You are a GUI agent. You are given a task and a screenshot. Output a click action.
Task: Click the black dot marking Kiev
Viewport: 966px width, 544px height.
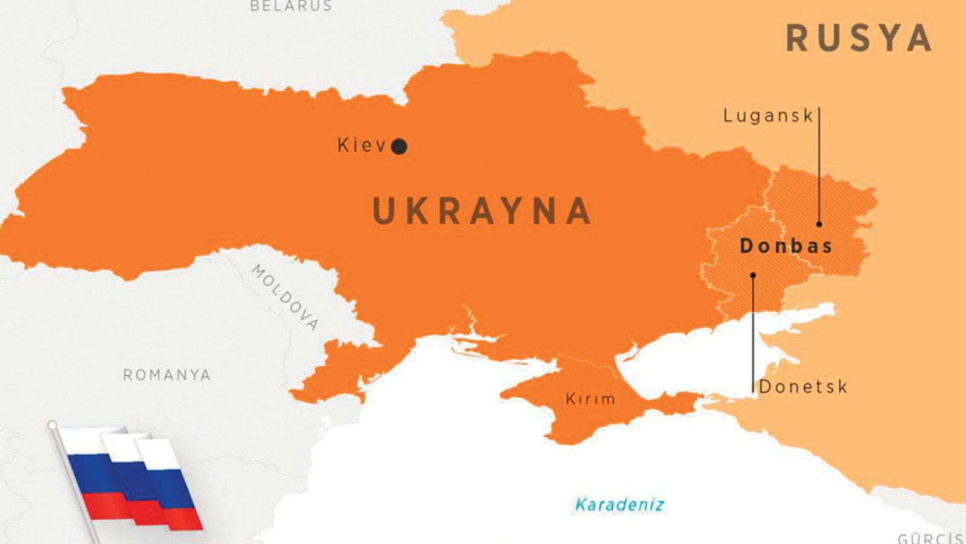pyautogui.click(x=399, y=146)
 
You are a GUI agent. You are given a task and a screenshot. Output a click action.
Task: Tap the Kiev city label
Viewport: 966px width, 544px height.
pyautogui.click(x=361, y=146)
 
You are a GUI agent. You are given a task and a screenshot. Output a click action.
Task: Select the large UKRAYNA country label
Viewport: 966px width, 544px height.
pyautogui.click(x=482, y=211)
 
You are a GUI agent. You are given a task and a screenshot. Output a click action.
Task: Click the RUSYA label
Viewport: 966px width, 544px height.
pyautogui.click(x=859, y=38)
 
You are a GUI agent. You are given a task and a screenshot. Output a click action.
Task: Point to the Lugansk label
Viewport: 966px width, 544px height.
pyautogui.click(x=768, y=115)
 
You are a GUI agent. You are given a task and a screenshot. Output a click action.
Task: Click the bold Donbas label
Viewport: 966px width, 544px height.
pyautogui.click(x=786, y=246)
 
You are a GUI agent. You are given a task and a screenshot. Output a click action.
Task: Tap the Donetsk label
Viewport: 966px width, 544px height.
pyautogui.click(x=803, y=387)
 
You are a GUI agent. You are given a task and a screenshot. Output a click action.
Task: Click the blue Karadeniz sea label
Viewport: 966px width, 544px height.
pyautogui.click(x=619, y=505)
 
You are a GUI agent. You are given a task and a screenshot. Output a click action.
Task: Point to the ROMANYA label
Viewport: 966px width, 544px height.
pyautogui.click(x=167, y=375)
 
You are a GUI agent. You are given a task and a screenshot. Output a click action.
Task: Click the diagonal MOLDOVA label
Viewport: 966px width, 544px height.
pyautogui.click(x=285, y=297)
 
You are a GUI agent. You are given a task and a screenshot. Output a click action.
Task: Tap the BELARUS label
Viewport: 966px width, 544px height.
pyautogui.click(x=291, y=6)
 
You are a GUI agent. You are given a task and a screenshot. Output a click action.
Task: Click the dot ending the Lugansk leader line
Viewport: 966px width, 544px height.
pyautogui.click(x=819, y=224)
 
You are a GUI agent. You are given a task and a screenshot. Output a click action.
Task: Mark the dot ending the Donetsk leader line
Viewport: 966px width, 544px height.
pyautogui.click(x=753, y=276)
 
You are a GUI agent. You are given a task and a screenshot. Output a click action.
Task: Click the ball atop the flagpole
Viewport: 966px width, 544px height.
pyautogui.click(x=53, y=425)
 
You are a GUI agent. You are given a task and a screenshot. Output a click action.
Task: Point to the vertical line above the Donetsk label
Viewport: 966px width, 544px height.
pyautogui.click(x=753, y=332)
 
